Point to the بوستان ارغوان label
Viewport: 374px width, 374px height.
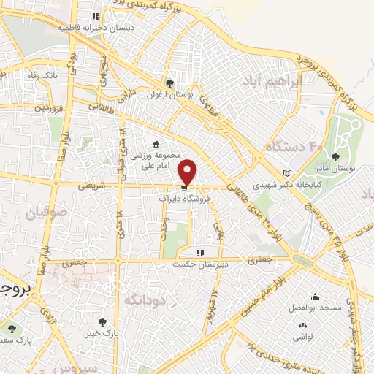tap(170, 94)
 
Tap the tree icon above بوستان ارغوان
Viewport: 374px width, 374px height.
tap(170, 83)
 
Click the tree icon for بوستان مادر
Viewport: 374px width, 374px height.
tap(336, 156)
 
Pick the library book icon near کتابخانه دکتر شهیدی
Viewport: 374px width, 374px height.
tap(286, 172)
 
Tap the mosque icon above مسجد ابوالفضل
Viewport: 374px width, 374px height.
tap(315, 297)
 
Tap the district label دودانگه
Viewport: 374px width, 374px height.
tap(142, 300)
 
